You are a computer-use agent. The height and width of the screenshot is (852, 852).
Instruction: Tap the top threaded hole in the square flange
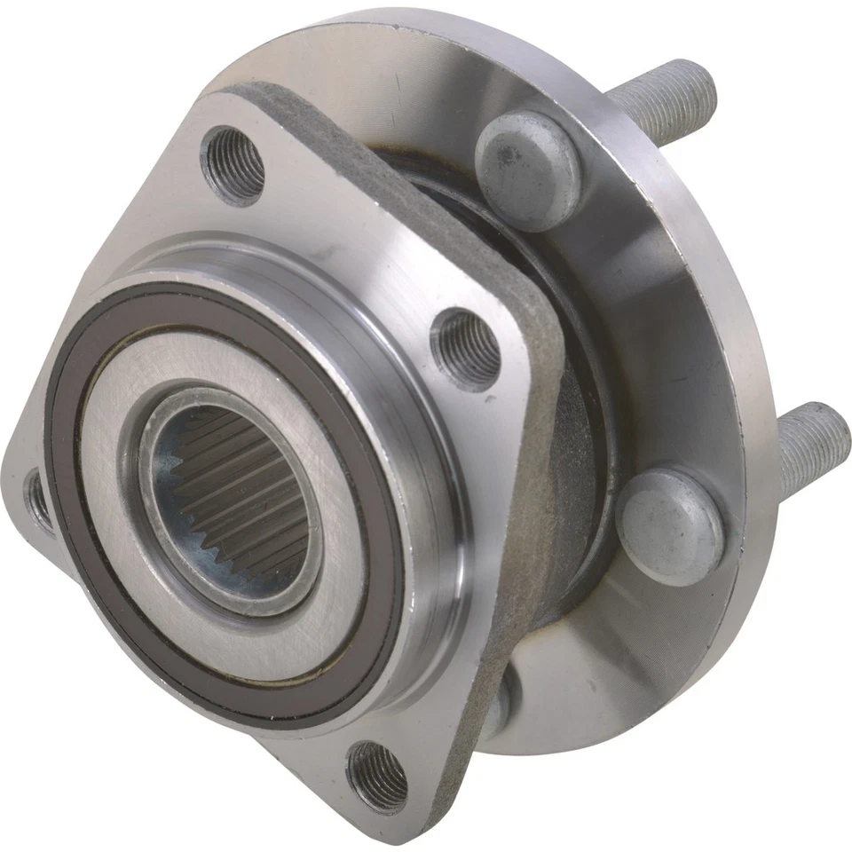click(233, 164)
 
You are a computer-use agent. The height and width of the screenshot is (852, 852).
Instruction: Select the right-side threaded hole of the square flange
click(469, 349)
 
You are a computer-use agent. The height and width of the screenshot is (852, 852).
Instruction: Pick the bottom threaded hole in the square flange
click(377, 777)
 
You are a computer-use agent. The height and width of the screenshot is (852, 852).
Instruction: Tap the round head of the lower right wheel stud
click(669, 527)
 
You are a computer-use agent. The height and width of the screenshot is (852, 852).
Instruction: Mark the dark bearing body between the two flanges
click(577, 461)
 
